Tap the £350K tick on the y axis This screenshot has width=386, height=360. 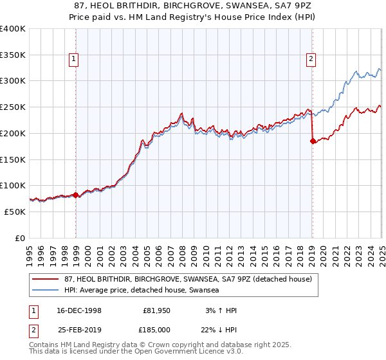(x=13, y=55)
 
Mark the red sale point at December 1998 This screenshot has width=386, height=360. (x=76, y=195)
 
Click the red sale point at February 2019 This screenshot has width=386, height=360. (x=313, y=141)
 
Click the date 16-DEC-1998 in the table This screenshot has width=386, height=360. (x=79, y=310)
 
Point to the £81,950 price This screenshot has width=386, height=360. (x=156, y=310)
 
